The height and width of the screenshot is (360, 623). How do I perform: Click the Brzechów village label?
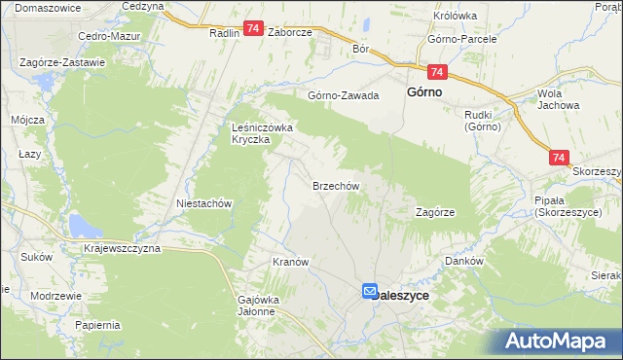[x=337, y=186]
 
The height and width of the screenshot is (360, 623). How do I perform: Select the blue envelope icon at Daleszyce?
[x=370, y=291]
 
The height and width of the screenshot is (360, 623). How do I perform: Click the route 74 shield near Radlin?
[x=253, y=31]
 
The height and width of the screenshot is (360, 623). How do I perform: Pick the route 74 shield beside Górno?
[x=436, y=73]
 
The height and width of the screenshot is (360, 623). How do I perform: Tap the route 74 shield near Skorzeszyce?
[x=559, y=157]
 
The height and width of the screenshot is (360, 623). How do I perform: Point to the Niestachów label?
[x=202, y=203]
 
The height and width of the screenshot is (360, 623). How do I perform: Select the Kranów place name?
[x=290, y=263]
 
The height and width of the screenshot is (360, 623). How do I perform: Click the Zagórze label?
[x=436, y=211]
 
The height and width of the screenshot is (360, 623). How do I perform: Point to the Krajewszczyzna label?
[x=123, y=248]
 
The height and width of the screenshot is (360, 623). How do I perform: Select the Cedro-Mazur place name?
[x=109, y=36]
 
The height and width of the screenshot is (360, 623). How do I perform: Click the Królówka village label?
[x=456, y=16]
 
